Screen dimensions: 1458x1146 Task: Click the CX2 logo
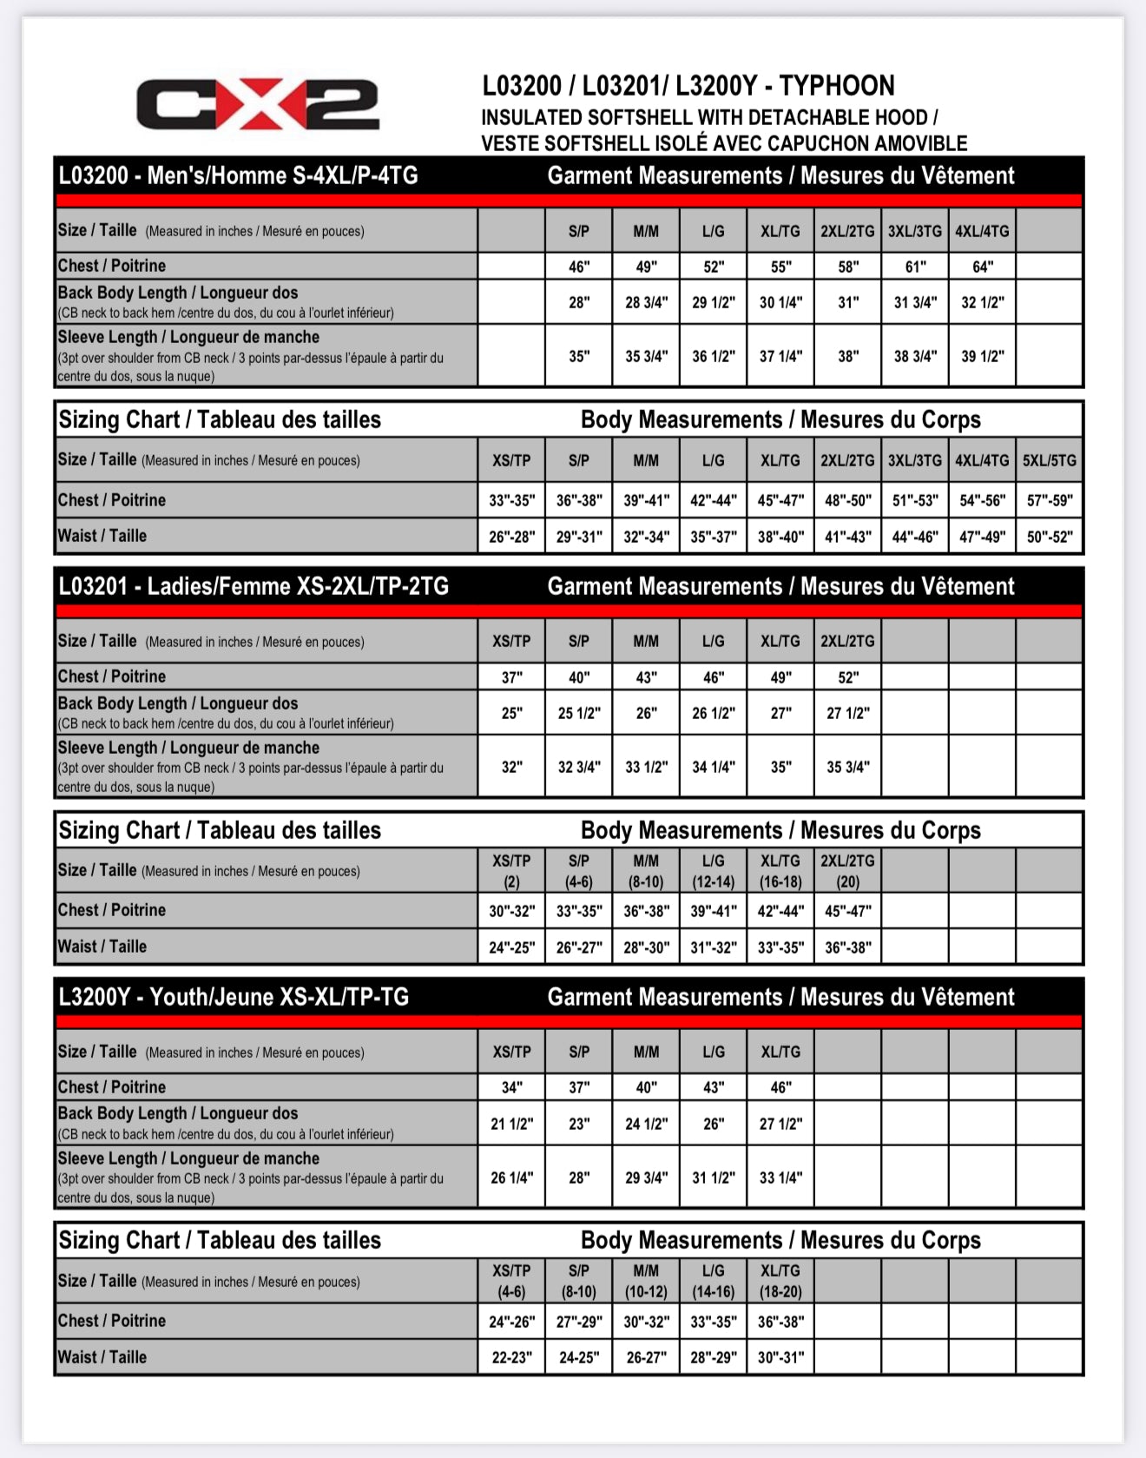pyautogui.click(x=258, y=104)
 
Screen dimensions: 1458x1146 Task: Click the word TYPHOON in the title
pyautogui.click(x=836, y=86)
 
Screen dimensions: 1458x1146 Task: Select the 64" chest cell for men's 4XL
pyautogui.click(x=982, y=267)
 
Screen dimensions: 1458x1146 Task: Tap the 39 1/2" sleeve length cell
pyautogui.click(x=982, y=356)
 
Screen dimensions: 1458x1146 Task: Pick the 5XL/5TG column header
pyautogui.click(x=1049, y=460)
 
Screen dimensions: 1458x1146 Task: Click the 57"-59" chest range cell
pyautogui.click(x=1049, y=500)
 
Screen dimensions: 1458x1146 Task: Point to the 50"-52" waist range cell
pyautogui.click(x=1049, y=537)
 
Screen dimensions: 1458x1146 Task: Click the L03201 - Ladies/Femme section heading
pyautogui.click(x=254, y=587)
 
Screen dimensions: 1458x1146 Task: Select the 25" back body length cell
pyautogui.click(x=511, y=713)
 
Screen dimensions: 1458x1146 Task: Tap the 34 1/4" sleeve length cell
pyautogui.click(x=713, y=767)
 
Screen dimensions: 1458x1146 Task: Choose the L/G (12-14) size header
pyautogui.click(x=713, y=871)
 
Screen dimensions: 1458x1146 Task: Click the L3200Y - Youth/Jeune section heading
pyautogui.click(x=234, y=997)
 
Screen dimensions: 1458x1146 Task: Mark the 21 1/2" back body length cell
pyautogui.click(x=511, y=1124)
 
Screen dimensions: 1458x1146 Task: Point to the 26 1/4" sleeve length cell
pyautogui.click(x=511, y=1178)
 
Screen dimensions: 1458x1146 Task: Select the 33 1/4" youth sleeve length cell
pyautogui.click(x=780, y=1178)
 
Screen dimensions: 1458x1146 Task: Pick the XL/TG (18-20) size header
pyautogui.click(x=780, y=1281)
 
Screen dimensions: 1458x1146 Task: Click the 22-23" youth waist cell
pyautogui.click(x=511, y=1357)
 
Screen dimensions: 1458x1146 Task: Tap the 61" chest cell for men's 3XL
pyautogui.click(x=915, y=267)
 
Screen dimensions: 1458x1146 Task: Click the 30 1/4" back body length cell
pyautogui.click(x=780, y=302)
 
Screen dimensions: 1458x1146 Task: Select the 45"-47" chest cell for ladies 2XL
pyautogui.click(x=847, y=911)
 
